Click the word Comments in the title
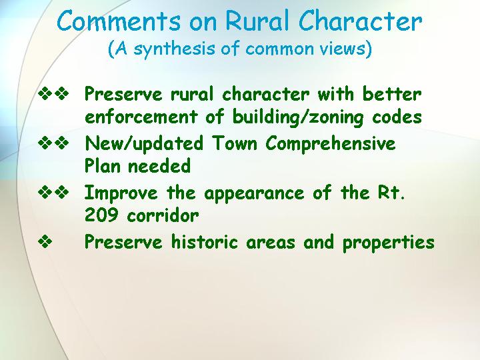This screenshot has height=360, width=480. tap(119, 21)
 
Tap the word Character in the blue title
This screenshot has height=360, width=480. tap(360, 21)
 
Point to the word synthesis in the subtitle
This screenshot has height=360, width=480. tap(174, 49)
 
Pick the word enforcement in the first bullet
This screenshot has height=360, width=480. tap(141, 117)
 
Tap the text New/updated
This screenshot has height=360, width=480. tap(144, 143)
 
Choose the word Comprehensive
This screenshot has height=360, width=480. tap(330, 143)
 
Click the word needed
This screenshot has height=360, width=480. tap(159, 166)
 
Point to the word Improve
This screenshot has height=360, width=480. tap(121, 193)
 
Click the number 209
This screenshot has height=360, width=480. tap(101, 215)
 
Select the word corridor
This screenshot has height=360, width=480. tap(163, 215)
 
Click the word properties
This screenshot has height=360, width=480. tap(389, 243)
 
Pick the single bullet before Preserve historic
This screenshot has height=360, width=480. tap(45, 242)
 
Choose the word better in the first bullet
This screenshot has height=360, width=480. tap(392, 94)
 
